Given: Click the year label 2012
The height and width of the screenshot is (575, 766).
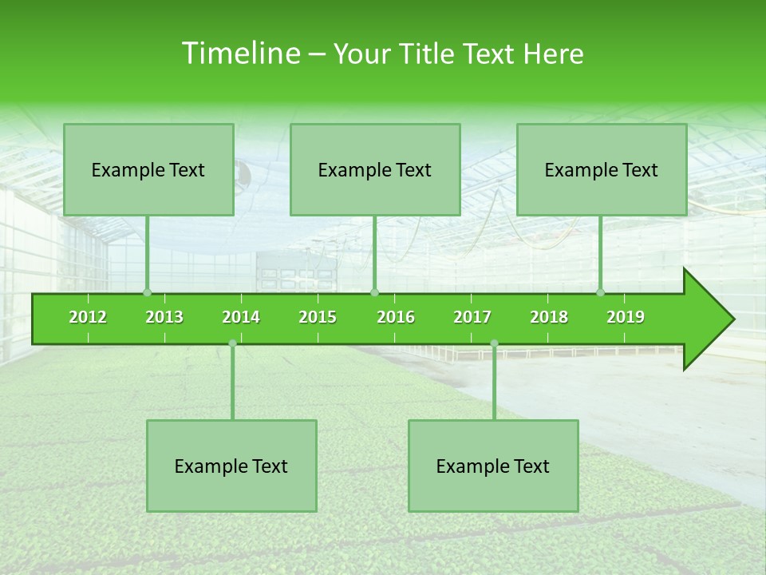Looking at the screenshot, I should pos(88,317).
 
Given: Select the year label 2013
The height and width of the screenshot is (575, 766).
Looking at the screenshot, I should pos(164,317).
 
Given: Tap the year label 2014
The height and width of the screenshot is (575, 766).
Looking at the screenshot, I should pos(241,317).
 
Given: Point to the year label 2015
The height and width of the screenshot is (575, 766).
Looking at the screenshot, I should pos(318,317).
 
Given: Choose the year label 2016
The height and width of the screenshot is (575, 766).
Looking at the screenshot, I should pos(396,317).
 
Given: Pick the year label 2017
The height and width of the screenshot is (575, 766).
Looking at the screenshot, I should pos(472,317).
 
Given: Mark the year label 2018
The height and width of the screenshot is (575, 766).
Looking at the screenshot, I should pos(549,317).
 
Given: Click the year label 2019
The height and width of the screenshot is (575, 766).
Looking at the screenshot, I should pos(626,317).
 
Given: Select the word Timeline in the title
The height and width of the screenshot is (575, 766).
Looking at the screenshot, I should pos(239,54).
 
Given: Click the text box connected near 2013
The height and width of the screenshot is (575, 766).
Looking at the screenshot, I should pos(148,169).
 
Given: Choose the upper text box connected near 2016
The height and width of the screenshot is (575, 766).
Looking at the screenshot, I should pos(375,169).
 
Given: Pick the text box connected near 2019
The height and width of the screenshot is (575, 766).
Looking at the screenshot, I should pos(602,169).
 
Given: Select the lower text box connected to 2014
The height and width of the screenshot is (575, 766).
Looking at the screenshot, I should pos(231,466).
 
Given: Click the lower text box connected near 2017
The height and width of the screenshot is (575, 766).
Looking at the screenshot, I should pos(493,466).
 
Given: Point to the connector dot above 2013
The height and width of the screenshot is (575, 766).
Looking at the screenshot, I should pos(147,292).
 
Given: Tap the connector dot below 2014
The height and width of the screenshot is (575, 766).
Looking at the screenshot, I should pos(232,343).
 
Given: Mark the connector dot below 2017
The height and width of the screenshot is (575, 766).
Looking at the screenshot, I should pos(494,343).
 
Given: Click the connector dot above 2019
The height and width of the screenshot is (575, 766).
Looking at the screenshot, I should pos(601,292).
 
